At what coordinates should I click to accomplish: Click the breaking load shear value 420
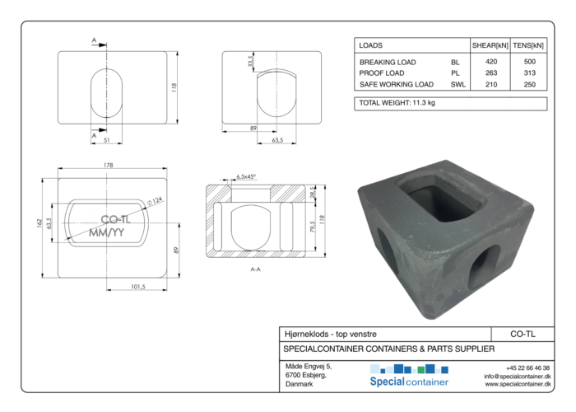[490, 62]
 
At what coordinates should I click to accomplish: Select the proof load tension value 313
[529, 73]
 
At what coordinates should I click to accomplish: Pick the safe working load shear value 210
[490, 84]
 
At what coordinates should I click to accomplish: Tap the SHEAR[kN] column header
[490, 45]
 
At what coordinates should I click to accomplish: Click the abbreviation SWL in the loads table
[458, 84]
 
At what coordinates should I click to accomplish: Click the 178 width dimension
[108, 165]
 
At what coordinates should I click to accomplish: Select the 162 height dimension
[39, 223]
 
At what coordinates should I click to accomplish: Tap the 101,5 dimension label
[138, 286]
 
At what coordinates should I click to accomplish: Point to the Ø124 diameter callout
[155, 201]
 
